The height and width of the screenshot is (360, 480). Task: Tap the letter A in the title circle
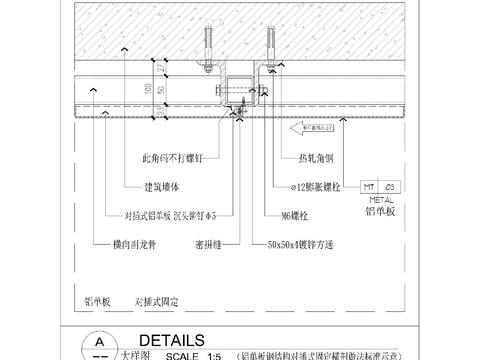[98, 341]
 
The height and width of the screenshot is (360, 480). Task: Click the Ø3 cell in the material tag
[391, 187]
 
